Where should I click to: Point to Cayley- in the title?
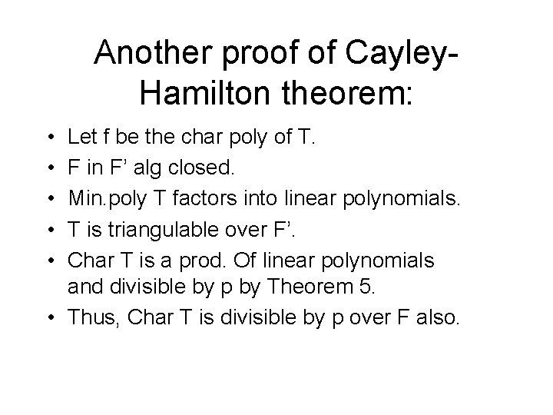tap(408, 54)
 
